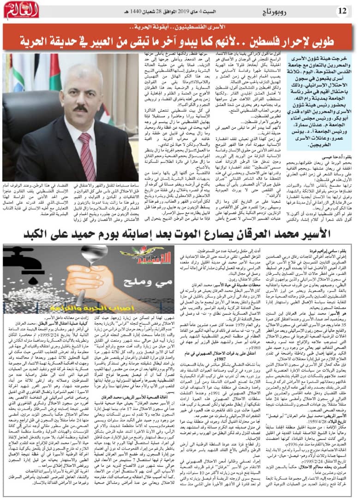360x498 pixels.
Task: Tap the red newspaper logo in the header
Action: click(19, 9)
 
